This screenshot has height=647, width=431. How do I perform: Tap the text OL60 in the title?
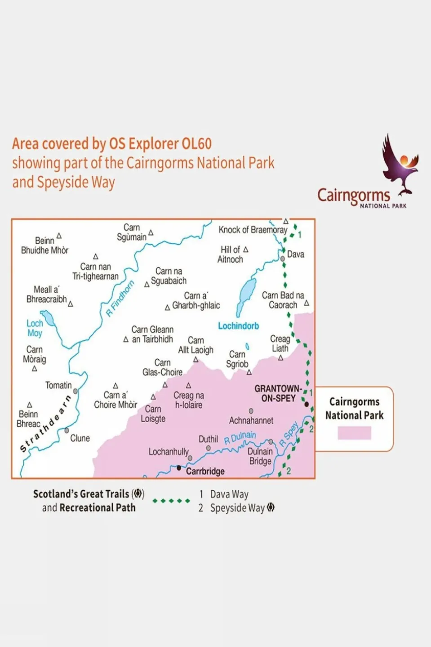coord(196,144)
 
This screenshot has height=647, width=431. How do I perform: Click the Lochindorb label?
coord(238,326)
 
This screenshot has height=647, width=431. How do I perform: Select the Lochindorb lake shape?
coord(245,294)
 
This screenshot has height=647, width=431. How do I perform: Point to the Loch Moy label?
coord(35,328)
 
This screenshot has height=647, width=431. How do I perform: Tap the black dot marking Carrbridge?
coord(179,468)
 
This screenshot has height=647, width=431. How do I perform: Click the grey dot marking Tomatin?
coord(76,391)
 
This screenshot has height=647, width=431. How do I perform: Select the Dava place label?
coord(296,254)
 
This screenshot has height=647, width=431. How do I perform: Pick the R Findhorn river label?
coord(120,299)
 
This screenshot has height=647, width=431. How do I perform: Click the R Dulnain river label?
coord(240,437)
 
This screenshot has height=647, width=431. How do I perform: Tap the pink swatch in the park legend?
coord(354,433)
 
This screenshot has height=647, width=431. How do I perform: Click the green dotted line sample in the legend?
coord(171,501)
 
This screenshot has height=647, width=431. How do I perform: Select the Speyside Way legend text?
coord(237,508)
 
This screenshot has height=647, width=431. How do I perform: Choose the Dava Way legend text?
coord(229,495)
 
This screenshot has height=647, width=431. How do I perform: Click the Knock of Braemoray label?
coord(253,230)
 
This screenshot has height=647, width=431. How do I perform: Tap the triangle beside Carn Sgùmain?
coord(151,233)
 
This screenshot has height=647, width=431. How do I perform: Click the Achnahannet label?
coord(251,421)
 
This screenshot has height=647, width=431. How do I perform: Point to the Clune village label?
coord(80,438)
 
